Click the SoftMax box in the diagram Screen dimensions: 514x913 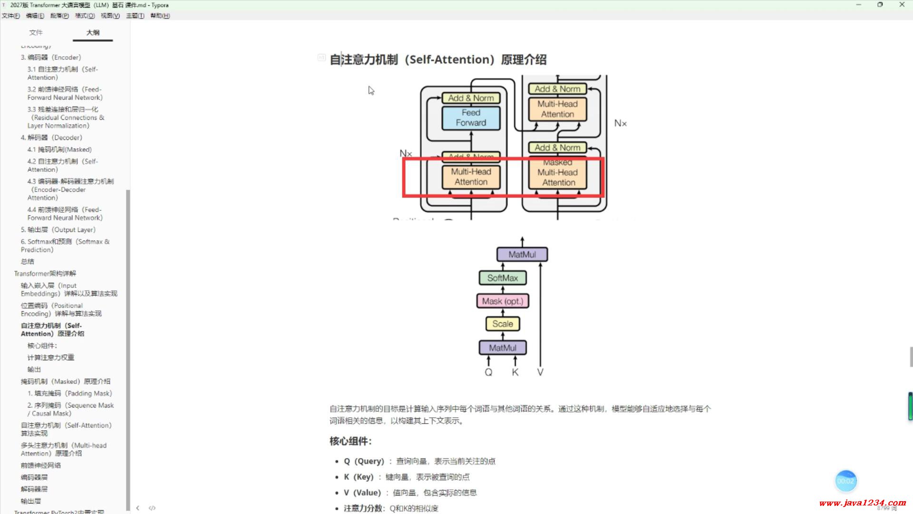pyautogui.click(x=503, y=278)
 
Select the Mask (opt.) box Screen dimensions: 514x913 pyautogui.click(x=503, y=301)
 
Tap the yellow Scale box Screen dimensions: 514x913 pyautogui.click(x=503, y=324)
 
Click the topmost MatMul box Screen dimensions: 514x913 pyautogui.click(x=522, y=255)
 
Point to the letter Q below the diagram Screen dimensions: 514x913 pyautogui.click(x=488, y=372)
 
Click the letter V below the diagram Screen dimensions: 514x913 pyautogui.click(x=540, y=372)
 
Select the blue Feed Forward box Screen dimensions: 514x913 pyautogui.click(x=471, y=118)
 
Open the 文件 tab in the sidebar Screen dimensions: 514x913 pyautogui.click(x=36, y=32)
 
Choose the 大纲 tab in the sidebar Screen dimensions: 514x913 pyautogui.click(x=93, y=32)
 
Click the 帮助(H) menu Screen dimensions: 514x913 pyautogui.click(x=160, y=16)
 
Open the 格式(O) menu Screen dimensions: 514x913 pyautogui.click(x=85, y=16)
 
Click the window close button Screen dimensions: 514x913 pyautogui.click(x=902, y=5)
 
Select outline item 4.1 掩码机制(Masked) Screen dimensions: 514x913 pyautogui.click(x=59, y=149)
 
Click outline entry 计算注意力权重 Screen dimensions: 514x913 pyautogui.click(x=51, y=357)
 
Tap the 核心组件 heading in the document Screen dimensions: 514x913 pyautogui.click(x=350, y=441)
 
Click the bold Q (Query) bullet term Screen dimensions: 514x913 pyautogui.click(x=364, y=461)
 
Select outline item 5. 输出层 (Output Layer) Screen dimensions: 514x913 pyautogui.click(x=58, y=230)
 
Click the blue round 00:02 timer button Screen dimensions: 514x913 pyautogui.click(x=845, y=481)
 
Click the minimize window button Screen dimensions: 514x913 pyautogui.click(x=859, y=5)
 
